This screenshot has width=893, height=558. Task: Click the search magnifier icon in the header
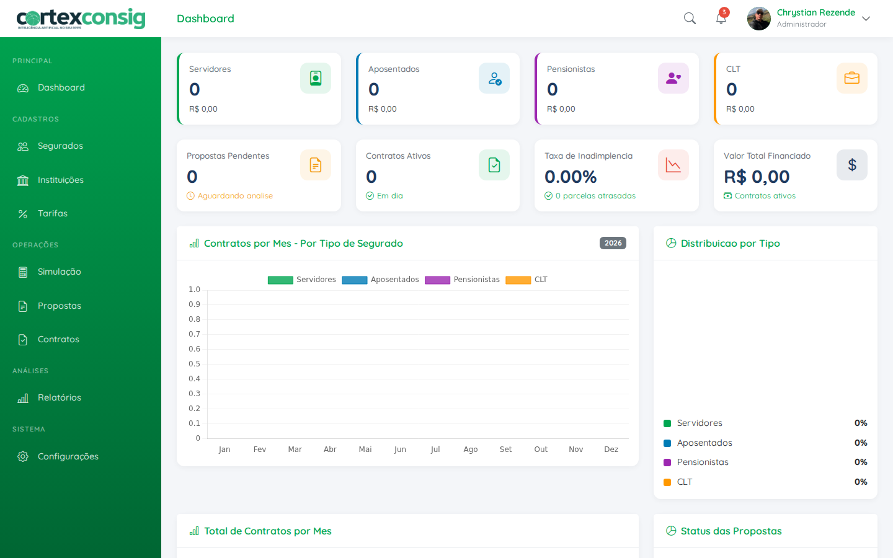click(690, 19)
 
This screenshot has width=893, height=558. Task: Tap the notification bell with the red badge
click(721, 18)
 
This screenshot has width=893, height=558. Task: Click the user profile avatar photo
click(758, 19)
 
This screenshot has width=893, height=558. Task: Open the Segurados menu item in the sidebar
click(60, 146)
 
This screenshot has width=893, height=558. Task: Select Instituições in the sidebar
click(60, 180)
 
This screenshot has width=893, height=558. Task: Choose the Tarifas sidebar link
click(52, 214)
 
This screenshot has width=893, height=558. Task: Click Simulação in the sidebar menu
click(59, 272)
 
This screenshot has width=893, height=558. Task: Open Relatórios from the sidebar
click(59, 398)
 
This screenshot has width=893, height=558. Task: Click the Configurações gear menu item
click(68, 457)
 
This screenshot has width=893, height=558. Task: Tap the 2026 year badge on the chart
click(613, 243)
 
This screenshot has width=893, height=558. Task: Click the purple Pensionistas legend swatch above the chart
click(437, 280)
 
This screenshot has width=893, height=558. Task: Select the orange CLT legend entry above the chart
click(526, 280)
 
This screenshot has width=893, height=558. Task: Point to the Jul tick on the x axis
click(435, 449)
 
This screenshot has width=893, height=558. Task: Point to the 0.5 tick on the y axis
click(195, 364)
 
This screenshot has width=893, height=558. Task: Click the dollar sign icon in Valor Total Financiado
click(851, 165)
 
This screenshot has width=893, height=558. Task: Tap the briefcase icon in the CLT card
click(851, 78)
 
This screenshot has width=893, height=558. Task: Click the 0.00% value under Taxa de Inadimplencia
click(571, 177)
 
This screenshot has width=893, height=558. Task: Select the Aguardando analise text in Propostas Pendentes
click(234, 196)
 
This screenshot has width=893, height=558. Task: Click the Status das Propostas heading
click(731, 531)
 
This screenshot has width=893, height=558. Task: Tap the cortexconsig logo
click(81, 19)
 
